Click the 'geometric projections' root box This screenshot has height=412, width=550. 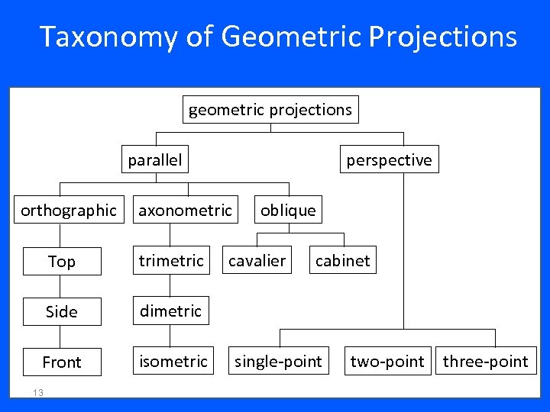(x=270, y=110)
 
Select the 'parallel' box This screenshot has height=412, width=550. (x=155, y=159)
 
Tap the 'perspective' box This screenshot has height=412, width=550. (x=389, y=159)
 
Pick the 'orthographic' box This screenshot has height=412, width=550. (x=69, y=210)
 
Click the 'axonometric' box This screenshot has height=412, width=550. (x=185, y=210)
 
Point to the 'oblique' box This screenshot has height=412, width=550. (x=288, y=210)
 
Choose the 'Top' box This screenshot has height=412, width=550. (x=62, y=261)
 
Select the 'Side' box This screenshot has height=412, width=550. (x=62, y=311)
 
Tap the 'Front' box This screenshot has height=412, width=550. (x=62, y=362)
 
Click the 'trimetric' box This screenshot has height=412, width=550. (x=171, y=261)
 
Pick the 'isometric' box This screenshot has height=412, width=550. (x=173, y=362)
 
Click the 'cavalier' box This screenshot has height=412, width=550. (x=257, y=261)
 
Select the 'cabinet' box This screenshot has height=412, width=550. (x=342, y=261)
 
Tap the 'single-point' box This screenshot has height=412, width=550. (x=279, y=362)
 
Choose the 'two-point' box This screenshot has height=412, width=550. (x=387, y=362)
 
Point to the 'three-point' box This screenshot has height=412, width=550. (x=486, y=362)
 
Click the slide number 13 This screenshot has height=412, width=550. (x=37, y=392)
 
